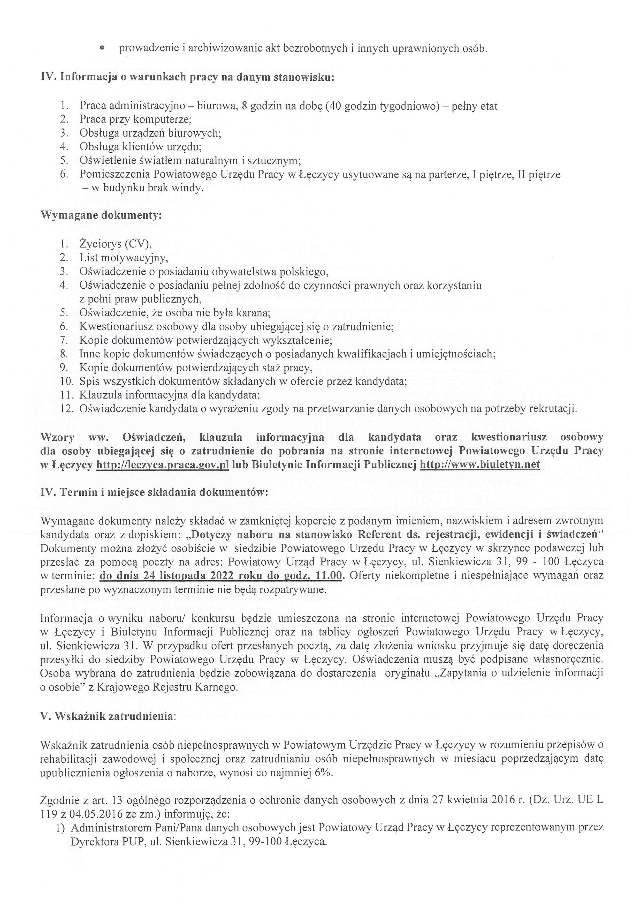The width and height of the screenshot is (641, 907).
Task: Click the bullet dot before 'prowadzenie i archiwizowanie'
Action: pyautogui.click(x=103, y=48)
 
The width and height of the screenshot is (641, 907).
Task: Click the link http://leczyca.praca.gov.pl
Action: pyautogui.click(x=163, y=464)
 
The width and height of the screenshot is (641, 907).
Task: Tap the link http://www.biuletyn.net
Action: pyautogui.click(x=479, y=464)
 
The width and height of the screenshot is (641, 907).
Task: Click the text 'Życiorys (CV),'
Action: pyautogui.click(x=115, y=244)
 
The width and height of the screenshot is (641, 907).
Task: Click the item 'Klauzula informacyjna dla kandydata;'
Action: pyautogui.click(x=169, y=395)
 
